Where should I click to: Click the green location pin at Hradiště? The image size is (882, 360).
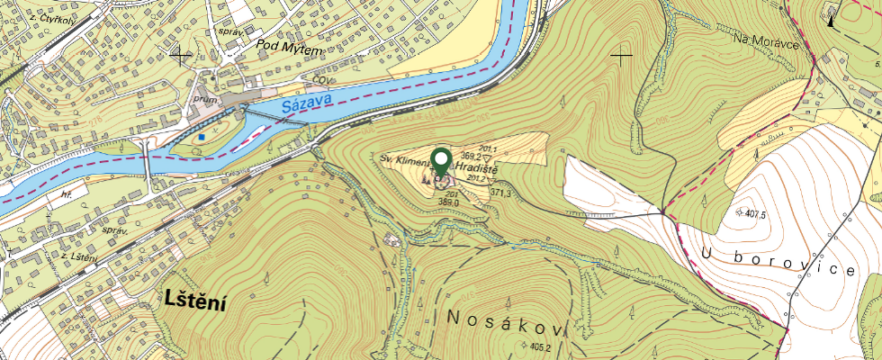(441, 162)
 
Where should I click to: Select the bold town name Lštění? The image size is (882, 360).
(194, 303)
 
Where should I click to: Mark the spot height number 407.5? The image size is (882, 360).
(752, 214)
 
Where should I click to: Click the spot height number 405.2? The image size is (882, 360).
(540, 347)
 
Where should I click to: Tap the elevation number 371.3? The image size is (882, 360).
(501, 193)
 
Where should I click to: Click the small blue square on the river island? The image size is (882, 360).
(204, 137)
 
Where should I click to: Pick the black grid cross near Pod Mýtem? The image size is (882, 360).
(182, 55)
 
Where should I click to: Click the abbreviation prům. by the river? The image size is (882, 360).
(202, 97)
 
